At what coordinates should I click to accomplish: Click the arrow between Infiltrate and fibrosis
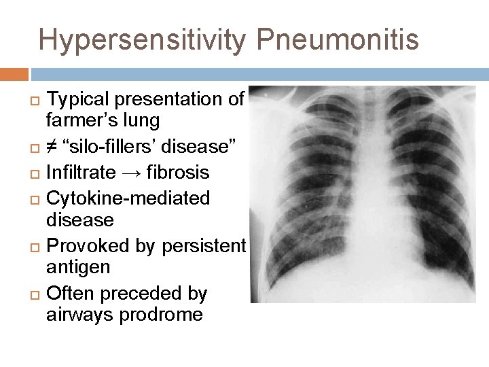coord(126,173)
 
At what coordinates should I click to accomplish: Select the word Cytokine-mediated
coord(128,198)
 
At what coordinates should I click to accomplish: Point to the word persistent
coord(204,246)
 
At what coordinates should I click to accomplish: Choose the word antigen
coord(78,268)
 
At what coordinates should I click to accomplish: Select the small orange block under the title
coord(14,74)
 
